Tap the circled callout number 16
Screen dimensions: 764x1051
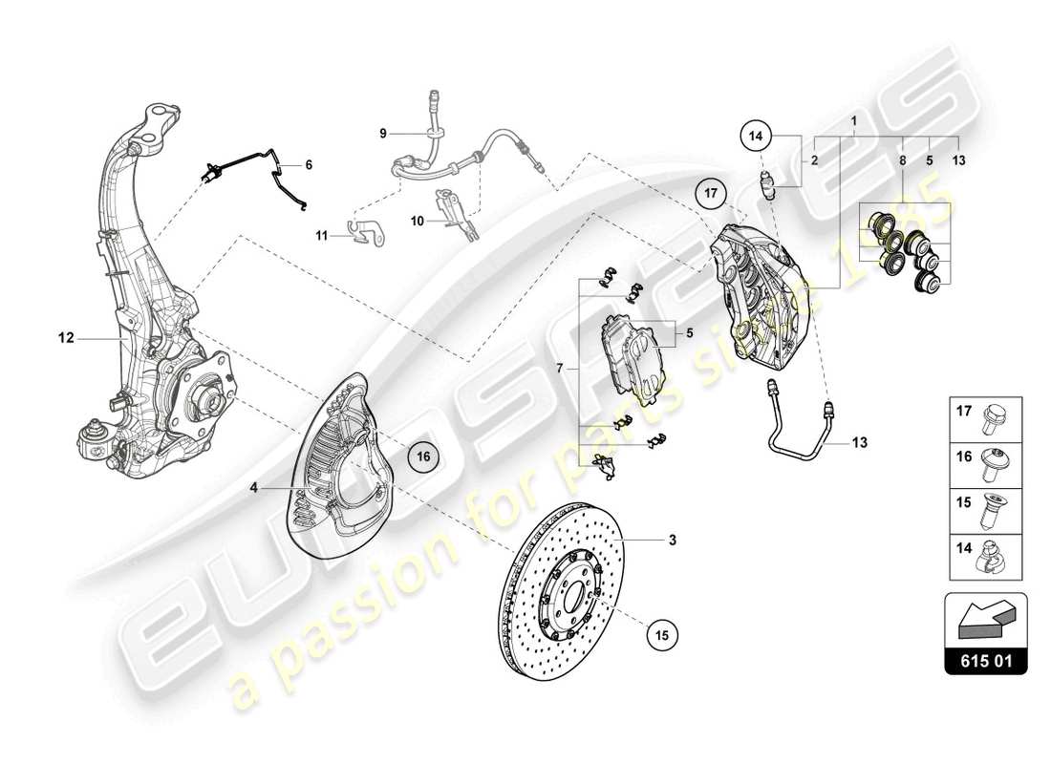424,457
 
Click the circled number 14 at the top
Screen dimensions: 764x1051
755,137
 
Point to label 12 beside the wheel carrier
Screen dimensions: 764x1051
65,337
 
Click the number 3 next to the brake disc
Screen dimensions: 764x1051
672,541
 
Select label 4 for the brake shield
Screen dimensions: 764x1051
254,487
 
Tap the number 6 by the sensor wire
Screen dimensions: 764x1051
309,164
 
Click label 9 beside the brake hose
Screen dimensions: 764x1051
383,134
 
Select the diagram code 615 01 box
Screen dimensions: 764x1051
985,660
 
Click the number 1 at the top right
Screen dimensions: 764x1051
853,121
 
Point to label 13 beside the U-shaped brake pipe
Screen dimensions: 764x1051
859,442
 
